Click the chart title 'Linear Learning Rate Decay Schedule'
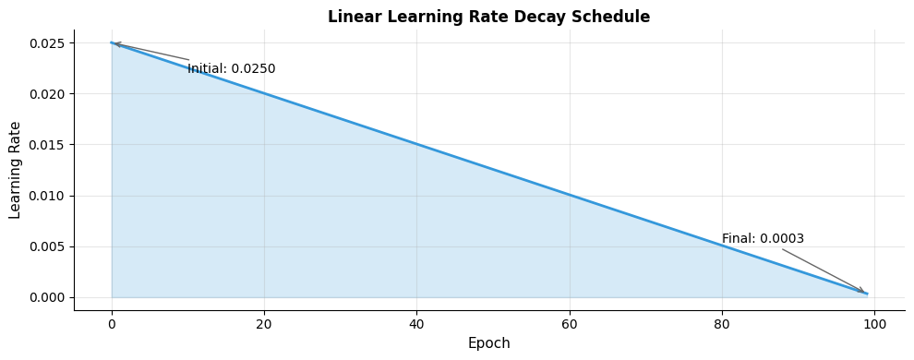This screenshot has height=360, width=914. click(488, 18)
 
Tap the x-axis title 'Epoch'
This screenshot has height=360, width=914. click(488, 343)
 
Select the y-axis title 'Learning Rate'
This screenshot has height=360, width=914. click(16, 170)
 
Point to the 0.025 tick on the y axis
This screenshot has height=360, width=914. click(45, 43)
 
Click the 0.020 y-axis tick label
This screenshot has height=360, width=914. click(45, 94)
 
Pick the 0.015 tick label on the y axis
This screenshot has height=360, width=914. click(45, 145)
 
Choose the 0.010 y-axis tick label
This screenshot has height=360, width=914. click(45, 196)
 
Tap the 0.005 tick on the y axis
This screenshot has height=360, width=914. click(45, 246)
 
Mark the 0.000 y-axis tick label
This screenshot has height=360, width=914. click(45, 297)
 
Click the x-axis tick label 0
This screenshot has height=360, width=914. click(112, 323)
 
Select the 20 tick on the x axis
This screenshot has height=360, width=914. click(264, 323)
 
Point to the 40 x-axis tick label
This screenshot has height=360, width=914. click(416, 323)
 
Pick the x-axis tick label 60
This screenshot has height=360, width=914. click(570, 323)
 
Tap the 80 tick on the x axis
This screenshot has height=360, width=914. click(722, 323)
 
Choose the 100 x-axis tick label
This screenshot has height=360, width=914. click(874, 323)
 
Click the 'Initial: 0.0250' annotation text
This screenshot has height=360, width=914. click(231, 69)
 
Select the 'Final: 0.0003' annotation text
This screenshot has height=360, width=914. click(763, 239)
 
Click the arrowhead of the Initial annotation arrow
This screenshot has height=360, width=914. click(115, 43)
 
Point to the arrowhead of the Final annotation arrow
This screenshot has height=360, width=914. click(863, 292)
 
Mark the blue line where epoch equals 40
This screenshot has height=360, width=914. click(416, 144)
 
